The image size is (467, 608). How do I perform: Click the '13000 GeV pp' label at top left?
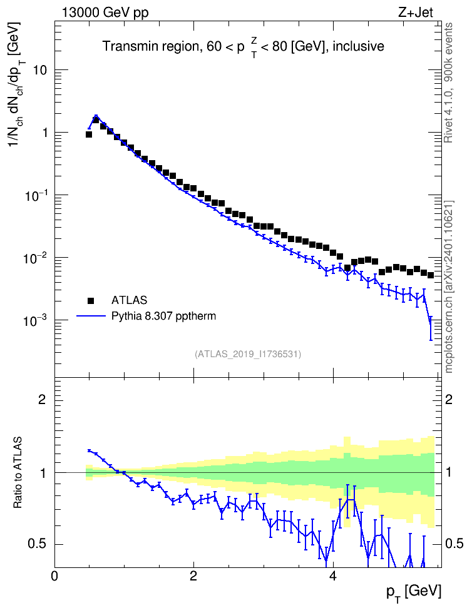pyautogui.click(x=105, y=13)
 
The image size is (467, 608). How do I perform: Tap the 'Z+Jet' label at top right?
pyautogui.click(x=416, y=13)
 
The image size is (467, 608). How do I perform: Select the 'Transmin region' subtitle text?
pyautogui.click(x=149, y=46)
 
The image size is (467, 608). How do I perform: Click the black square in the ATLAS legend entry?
pyautogui.click(x=91, y=300)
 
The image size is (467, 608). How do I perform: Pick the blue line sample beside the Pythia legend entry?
pyautogui.click(x=91, y=317)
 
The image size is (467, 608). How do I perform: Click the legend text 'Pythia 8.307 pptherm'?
pyautogui.click(x=163, y=317)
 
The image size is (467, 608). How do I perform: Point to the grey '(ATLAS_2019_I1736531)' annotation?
pyautogui.click(x=248, y=353)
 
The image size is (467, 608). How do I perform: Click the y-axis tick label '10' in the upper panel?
pyautogui.click(x=40, y=71)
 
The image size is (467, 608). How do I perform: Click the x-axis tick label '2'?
pyautogui.click(x=193, y=575)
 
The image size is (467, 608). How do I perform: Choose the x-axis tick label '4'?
pyautogui.click(x=332, y=575)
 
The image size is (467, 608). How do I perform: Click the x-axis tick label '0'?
pyautogui.click(x=54, y=575)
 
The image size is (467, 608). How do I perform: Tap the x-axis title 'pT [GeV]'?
pyautogui.click(x=414, y=592)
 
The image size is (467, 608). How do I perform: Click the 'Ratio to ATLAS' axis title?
pyautogui.click(x=18, y=472)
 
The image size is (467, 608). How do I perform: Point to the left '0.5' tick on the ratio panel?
pyautogui.click(x=38, y=544)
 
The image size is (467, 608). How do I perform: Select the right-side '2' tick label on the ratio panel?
pyautogui.click(x=449, y=399)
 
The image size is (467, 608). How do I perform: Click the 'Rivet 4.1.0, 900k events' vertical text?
pyautogui.click(x=448, y=83)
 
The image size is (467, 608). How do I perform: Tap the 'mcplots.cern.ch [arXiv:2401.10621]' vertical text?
pyautogui.click(x=448, y=286)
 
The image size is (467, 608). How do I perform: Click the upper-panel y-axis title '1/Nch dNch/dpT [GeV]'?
pyautogui.click(x=16, y=83)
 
